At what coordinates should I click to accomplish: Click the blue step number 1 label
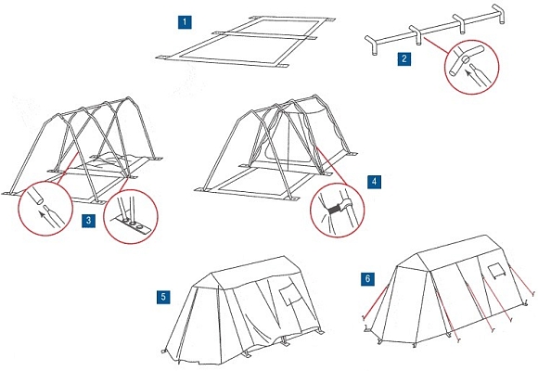[185, 22]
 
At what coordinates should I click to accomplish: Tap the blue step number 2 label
[404, 58]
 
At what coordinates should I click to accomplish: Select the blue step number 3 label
[88, 221]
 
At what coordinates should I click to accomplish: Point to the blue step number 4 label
[375, 182]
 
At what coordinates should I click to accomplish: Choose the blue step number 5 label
[163, 297]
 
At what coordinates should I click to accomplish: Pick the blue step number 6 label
[368, 278]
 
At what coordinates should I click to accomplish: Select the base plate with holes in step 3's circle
[132, 226]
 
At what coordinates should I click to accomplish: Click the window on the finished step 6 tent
[497, 271]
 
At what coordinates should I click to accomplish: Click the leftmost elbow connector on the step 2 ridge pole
[372, 45]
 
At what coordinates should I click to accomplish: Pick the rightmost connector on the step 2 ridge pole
[498, 14]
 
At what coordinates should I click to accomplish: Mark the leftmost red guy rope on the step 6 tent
[376, 301]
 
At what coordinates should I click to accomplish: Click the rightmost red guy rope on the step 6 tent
[521, 280]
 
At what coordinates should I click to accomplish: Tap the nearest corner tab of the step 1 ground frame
[282, 66]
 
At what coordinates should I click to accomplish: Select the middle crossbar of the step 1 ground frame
[265, 35]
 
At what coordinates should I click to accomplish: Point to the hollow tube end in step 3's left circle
[35, 196]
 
